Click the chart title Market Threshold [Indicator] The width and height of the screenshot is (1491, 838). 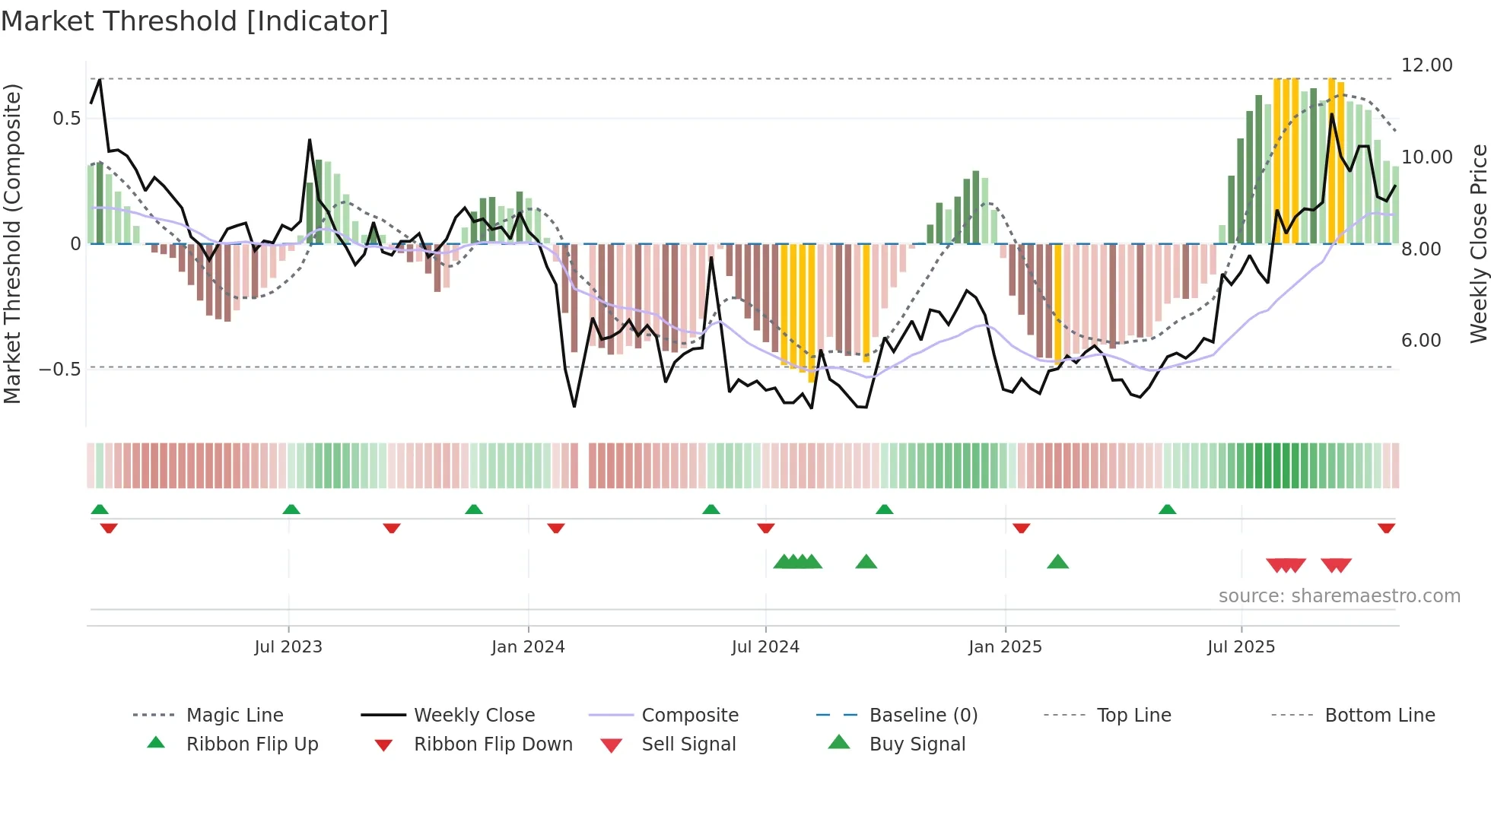(195, 21)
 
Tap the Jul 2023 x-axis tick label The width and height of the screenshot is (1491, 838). (288, 647)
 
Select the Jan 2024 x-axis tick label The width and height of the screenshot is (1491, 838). (528, 647)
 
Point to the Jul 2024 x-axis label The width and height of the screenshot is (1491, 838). (765, 647)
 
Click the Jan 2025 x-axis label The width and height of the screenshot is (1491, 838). (1005, 647)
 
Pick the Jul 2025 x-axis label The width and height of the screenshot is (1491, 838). (1241, 647)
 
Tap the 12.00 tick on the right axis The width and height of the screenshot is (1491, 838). (1426, 65)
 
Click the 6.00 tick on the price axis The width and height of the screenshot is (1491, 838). (1421, 341)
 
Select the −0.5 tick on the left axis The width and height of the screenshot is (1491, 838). (59, 370)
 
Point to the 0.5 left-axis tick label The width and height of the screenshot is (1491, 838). (66, 119)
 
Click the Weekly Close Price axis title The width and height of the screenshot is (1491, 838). (1478, 243)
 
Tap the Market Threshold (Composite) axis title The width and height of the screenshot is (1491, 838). (12, 243)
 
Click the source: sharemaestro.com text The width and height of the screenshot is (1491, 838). (1339, 596)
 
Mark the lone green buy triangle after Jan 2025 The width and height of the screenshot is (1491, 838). (1057, 563)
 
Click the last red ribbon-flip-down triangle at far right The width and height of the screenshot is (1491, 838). (1386, 528)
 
